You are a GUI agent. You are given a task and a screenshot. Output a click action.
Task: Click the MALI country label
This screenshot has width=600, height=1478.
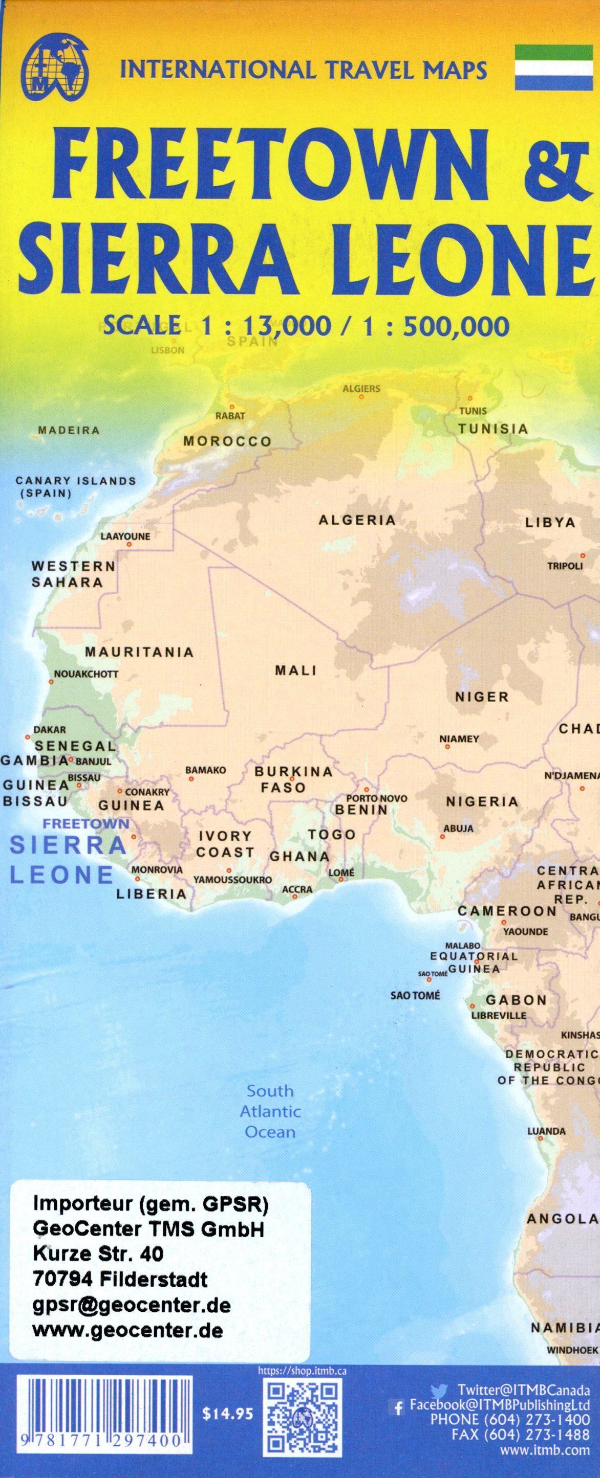(296, 670)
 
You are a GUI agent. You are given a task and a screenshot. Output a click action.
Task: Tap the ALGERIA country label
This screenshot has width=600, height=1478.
(357, 521)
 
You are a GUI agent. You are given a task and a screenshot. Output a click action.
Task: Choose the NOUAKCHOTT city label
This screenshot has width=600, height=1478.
(85, 674)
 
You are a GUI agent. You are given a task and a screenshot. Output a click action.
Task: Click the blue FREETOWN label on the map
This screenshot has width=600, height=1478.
(86, 823)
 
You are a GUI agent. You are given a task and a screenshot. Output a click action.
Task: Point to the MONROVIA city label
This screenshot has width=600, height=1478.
(157, 869)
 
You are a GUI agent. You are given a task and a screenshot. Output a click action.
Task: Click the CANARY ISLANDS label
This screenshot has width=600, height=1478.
(75, 481)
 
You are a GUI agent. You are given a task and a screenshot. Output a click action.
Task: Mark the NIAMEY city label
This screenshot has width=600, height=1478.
(459, 739)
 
